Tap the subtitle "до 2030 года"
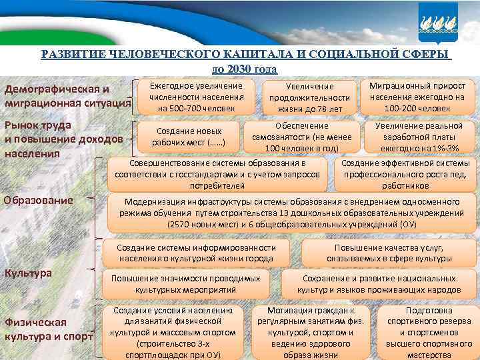(x=245, y=69)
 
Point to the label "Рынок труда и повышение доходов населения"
(x=63, y=139)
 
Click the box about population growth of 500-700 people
(x=196, y=97)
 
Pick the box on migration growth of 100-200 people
(x=417, y=97)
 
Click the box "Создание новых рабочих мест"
(x=187, y=136)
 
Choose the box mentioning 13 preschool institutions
(x=291, y=213)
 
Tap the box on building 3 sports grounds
(x=173, y=332)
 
